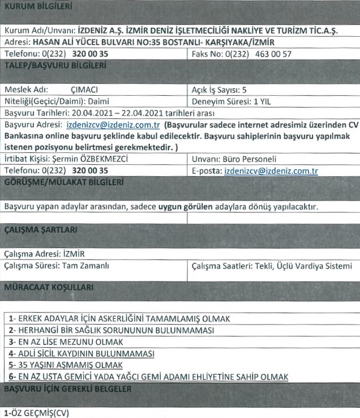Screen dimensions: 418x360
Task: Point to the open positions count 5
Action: [x=244, y=89]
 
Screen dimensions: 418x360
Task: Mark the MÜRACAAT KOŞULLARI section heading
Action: [x=48, y=288]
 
